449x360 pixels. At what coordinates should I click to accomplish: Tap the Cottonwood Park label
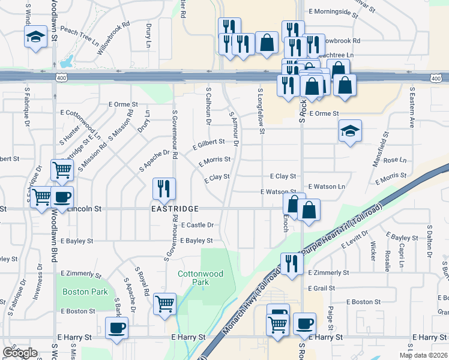(x=200, y=278)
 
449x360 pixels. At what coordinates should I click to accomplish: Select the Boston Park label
(x=85, y=292)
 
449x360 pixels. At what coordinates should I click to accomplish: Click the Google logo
(x=20, y=353)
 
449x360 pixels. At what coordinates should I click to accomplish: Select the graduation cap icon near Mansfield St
(x=350, y=131)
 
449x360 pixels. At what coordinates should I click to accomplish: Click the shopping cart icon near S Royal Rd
(x=164, y=303)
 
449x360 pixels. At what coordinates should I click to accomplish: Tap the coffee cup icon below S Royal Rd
(x=116, y=328)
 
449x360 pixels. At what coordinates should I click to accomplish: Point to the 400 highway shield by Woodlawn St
(x=60, y=78)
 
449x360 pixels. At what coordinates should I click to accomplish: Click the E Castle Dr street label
(x=196, y=225)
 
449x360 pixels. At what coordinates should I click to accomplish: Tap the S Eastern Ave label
(x=412, y=108)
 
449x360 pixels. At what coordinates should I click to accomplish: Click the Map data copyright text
(x=423, y=355)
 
